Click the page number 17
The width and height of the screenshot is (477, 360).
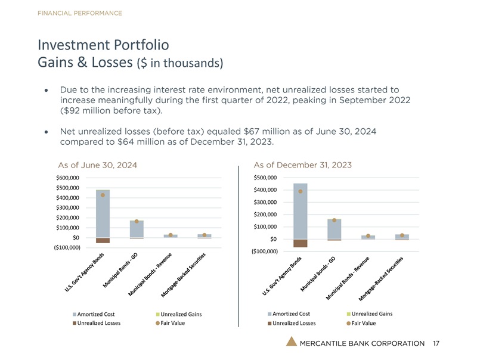tap(436, 343)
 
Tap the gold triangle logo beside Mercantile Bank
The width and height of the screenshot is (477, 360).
tap(290, 342)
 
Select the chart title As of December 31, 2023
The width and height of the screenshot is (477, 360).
tap(302, 165)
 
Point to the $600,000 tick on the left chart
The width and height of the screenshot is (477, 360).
tap(68, 178)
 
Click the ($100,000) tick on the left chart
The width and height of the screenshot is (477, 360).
tap(67, 247)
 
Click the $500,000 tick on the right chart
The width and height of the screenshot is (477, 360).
tap(265, 178)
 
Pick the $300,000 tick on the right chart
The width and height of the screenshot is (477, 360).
tap(265, 202)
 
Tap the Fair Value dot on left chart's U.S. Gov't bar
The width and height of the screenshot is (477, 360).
tap(103, 195)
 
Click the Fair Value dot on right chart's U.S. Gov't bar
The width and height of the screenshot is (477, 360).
tap(301, 191)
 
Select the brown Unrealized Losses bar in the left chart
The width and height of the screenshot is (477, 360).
tap(103, 240)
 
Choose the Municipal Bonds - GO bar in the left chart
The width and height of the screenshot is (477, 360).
tap(136, 229)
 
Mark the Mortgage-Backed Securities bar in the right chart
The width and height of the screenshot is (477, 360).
tap(402, 237)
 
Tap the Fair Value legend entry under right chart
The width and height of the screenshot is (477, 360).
tap(364, 323)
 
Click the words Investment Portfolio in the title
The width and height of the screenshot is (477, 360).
tap(103, 45)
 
